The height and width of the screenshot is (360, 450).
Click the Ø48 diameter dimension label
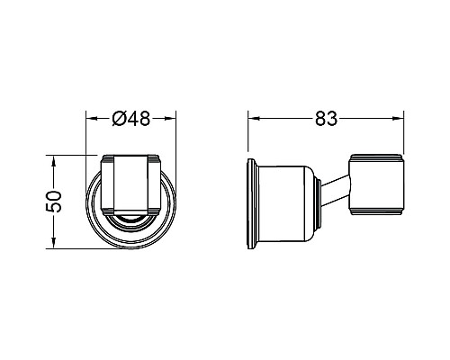[x=131, y=119]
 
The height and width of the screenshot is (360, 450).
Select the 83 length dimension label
[x=326, y=119]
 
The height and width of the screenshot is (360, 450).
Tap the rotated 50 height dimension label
[x=54, y=202]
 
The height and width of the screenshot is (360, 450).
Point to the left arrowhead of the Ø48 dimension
[x=91, y=119]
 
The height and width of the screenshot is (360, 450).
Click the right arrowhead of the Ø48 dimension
[x=171, y=119]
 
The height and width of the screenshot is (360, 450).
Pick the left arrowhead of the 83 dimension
[x=253, y=119]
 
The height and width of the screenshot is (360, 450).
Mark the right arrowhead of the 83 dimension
[x=399, y=119]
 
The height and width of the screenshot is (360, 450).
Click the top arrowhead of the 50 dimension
[x=54, y=161]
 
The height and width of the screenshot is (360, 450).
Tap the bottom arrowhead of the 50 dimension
[x=54, y=243]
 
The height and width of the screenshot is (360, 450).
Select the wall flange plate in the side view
[x=252, y=203]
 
